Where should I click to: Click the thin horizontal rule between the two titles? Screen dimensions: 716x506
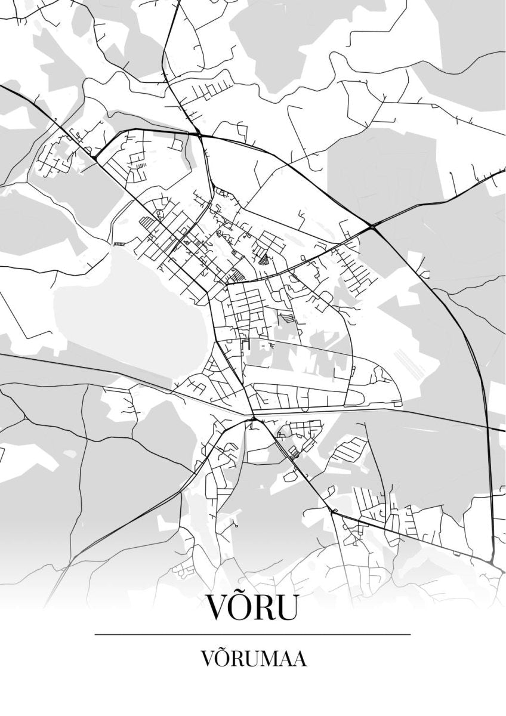(253, 634)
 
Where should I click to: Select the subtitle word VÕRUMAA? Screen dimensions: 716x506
(253, 659)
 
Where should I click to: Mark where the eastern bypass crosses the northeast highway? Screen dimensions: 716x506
(373, 227)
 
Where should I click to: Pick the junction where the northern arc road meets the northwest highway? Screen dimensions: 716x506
(95, 158)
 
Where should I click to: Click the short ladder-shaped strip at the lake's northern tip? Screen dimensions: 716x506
(120, 244)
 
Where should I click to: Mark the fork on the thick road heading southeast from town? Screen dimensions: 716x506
(331, 511)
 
